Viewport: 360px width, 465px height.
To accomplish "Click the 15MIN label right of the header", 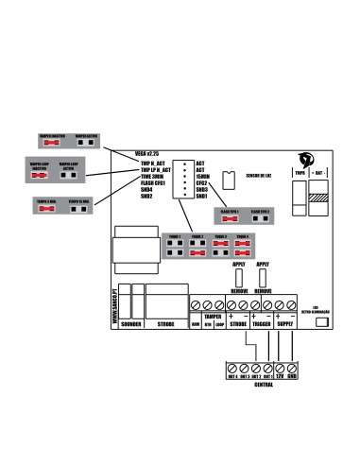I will click(x=201, y=176).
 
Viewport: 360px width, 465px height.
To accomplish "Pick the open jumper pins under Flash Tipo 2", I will click(x=261, y=216).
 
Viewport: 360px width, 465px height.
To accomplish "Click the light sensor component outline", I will click(x=226, y=180).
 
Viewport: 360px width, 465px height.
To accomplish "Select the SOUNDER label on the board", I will click(x=131, y=324).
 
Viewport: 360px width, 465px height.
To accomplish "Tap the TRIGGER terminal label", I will click(x=263, y=324).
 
